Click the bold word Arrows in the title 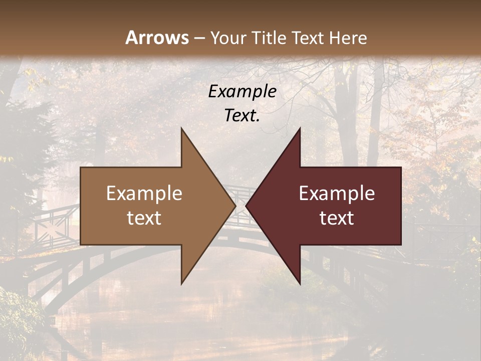coord(157,38)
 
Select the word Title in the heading coord(268,38)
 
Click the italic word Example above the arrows coord(242,91)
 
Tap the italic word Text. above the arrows coord(242,115)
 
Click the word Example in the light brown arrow coord(144,193)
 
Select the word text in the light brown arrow coord(144,218)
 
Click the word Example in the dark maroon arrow coord(337,193)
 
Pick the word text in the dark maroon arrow coord(337,218)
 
